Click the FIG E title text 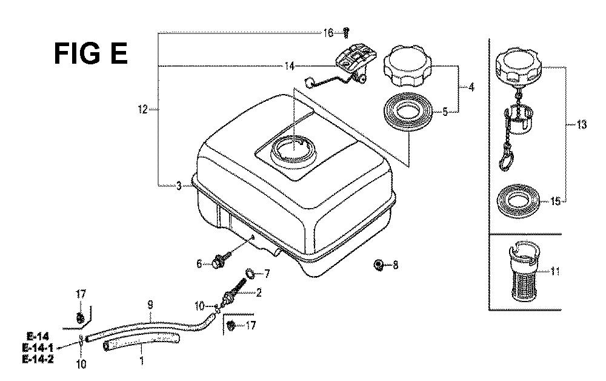click(91, 53)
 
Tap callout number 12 click(142, 109)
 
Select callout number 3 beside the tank click(179, 186)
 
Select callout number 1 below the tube click(141, 360)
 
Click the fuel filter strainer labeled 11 click(524, 271)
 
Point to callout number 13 click(581, 124)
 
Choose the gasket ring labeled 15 click(518, 202)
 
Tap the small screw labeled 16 click(346, 33)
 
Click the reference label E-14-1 click(38, 348)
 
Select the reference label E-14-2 click(38, 359)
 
